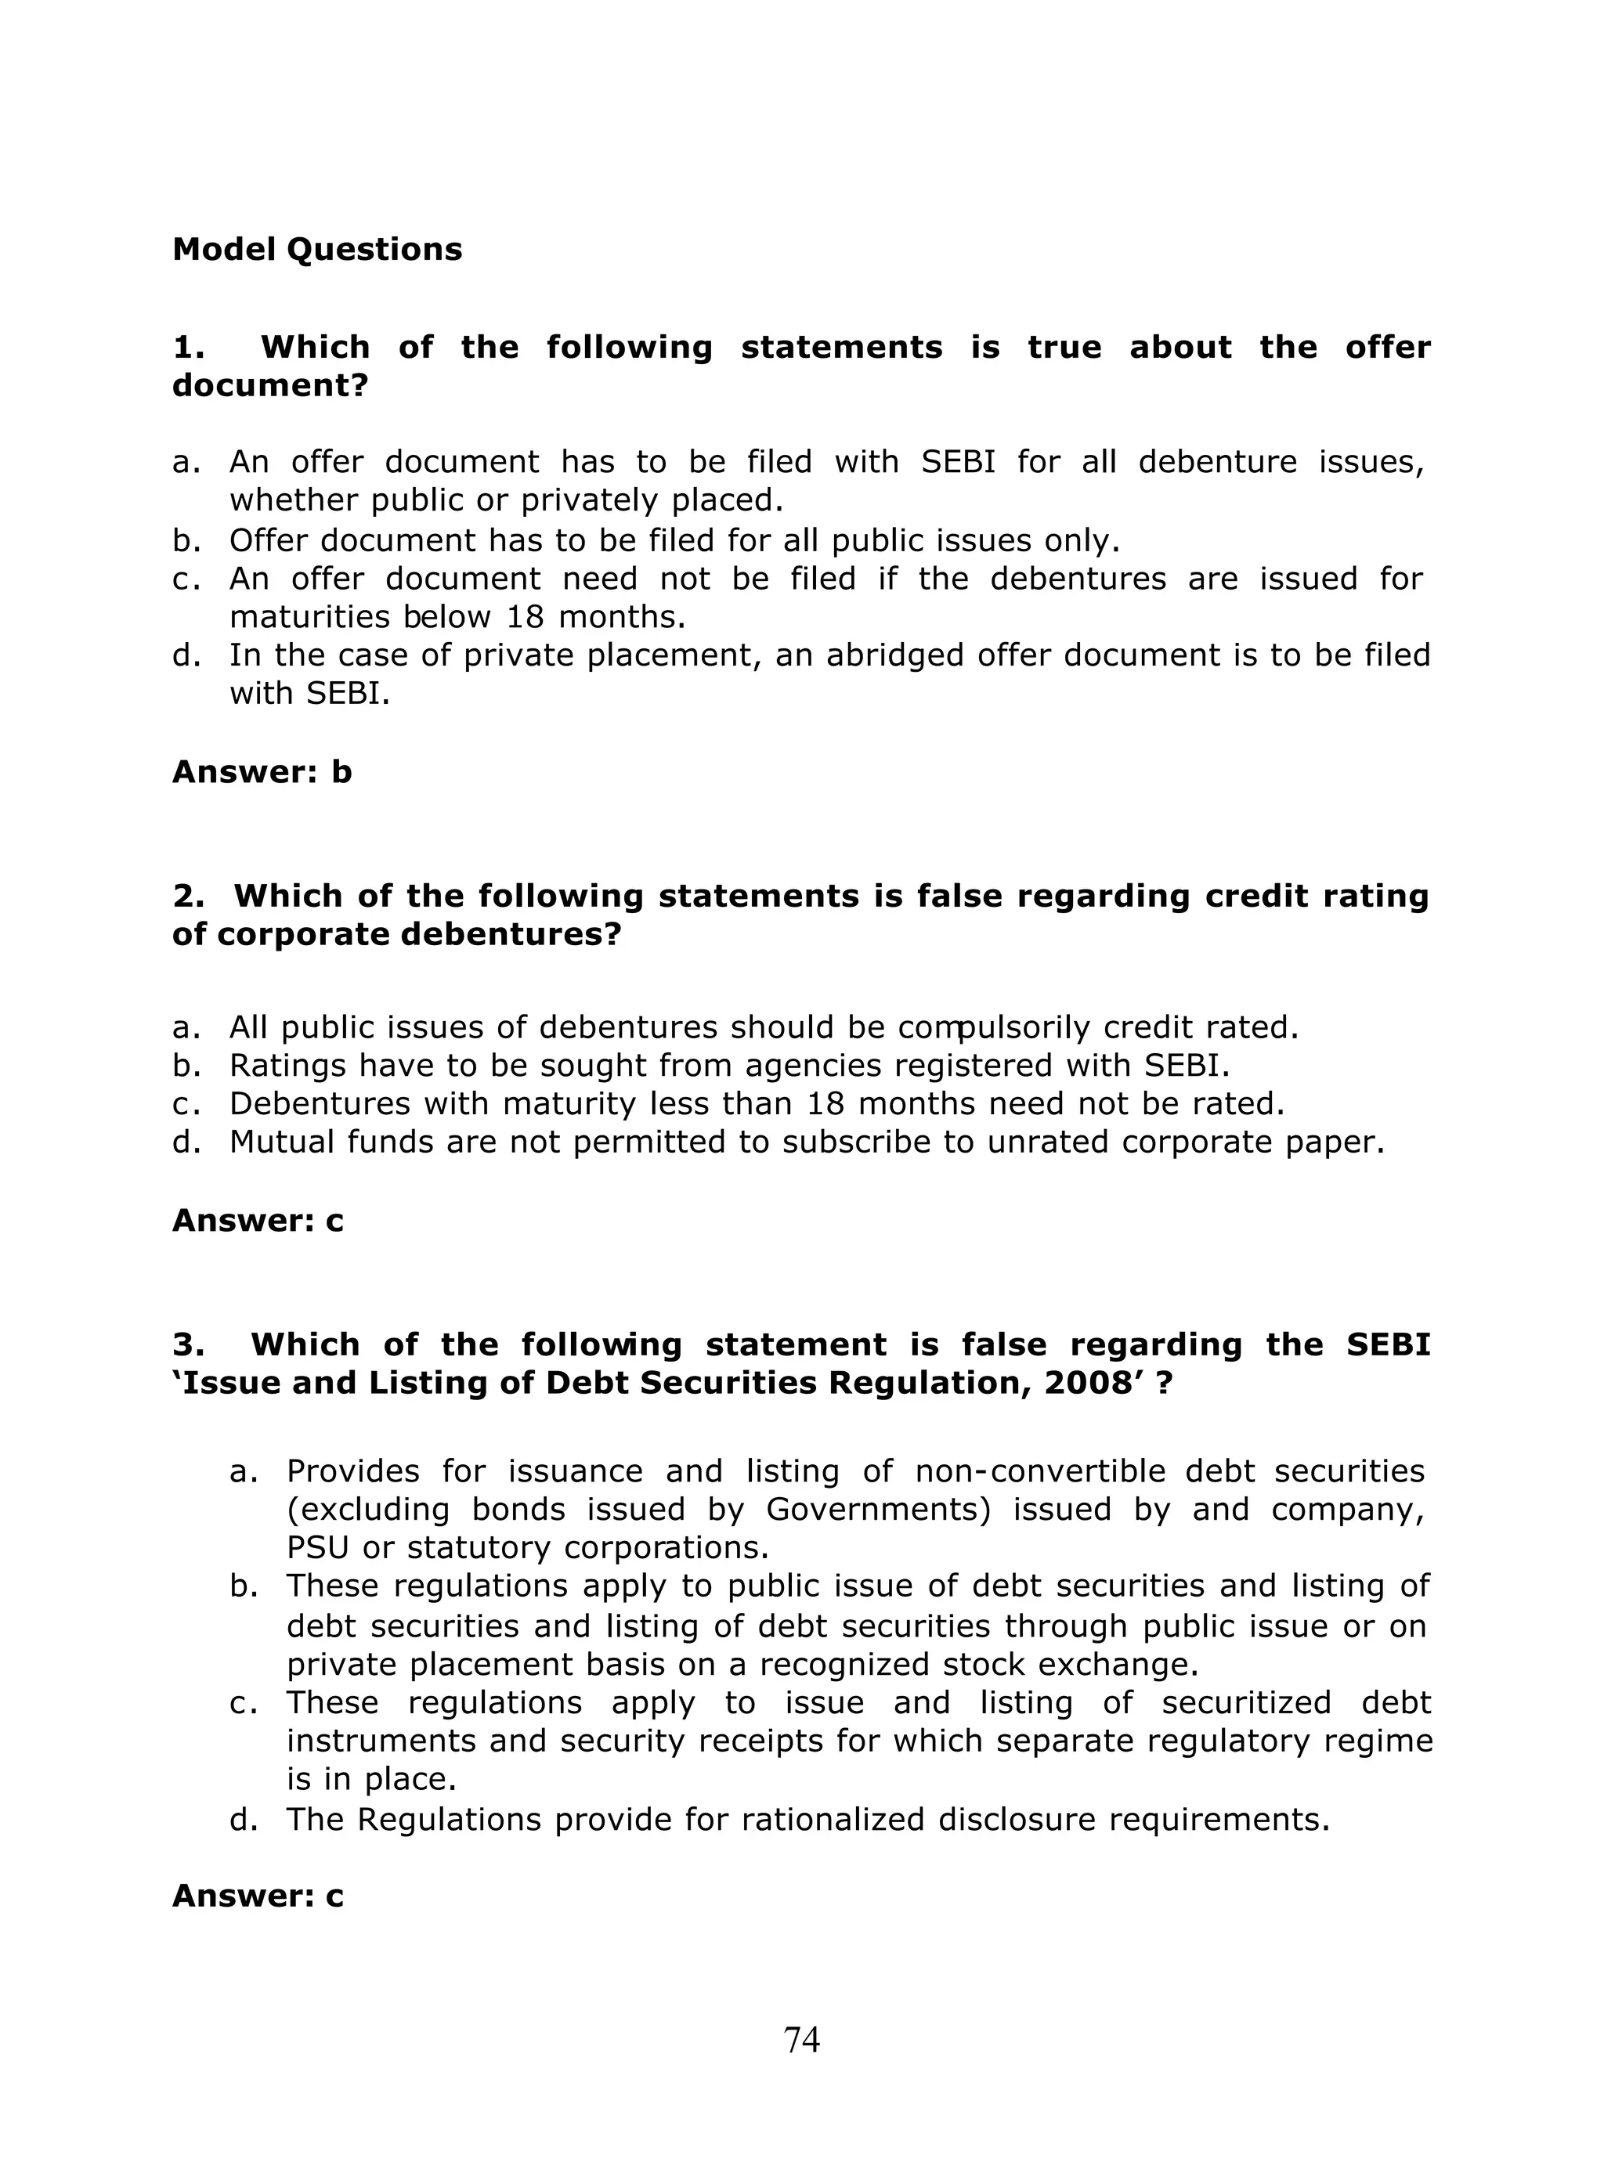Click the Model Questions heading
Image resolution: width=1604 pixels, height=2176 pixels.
[x=316, y=250]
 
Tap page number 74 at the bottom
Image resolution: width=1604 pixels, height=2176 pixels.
[x=801, y=2039]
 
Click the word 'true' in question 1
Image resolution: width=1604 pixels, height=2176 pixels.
[x=1064, y=347]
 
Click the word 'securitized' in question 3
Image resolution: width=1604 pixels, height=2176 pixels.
[x=1251, y=1702]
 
